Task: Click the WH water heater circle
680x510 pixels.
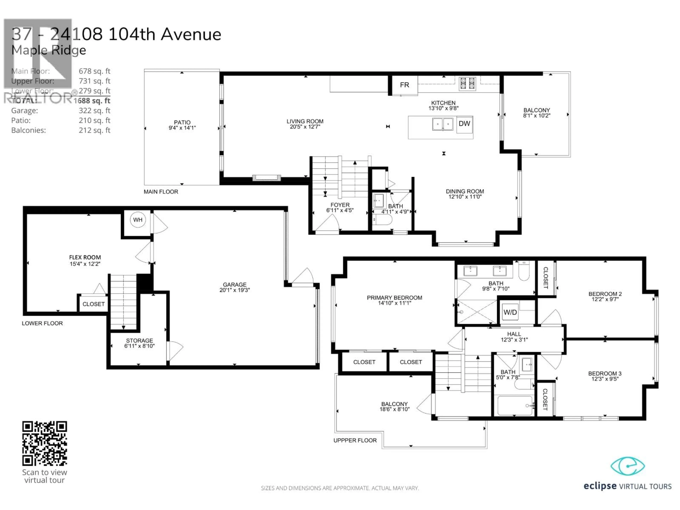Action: pos(138,220)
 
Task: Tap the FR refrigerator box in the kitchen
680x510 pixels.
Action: pos(404,85)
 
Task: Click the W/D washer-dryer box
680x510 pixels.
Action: pos(510,312)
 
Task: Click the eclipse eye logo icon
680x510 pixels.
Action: pos(627,466)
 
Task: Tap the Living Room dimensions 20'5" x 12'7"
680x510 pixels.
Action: pos(305,127)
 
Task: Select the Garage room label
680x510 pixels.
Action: pos(235,285)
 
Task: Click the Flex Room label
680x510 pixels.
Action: pos(85,257)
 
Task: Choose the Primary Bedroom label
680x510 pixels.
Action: pos(394,297)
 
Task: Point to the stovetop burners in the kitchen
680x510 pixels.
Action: pos(467,84)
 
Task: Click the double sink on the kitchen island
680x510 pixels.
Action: pos(443,124)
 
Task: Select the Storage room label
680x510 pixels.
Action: pos(139,341)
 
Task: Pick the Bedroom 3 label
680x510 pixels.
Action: pos(605,373)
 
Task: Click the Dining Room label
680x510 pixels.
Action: pos(465,191)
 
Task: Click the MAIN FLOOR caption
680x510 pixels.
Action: pos(161,192)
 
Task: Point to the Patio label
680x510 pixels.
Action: pos(182,122)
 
